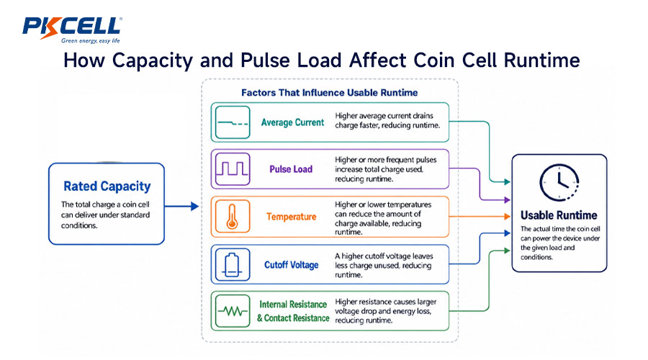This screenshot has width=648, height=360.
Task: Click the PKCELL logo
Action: click(72, 30)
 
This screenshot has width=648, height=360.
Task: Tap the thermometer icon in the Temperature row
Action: click(233, 217)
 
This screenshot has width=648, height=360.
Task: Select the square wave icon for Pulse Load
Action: click(233, 168)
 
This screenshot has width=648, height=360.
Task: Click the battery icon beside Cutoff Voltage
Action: click(232, 264)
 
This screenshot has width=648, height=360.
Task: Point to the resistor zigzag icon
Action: click(233, 311)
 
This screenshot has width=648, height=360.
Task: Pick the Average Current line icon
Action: click(233, 122)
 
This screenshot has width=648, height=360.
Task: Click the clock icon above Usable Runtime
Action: click(559, 183)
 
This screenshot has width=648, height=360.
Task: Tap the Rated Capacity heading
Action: click(107, 186)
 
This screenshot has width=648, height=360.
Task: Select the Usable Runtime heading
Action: click(559, 215)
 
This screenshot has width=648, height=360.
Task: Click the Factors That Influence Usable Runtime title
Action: click(329, 93)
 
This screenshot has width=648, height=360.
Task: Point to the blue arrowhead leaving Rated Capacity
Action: click(194, 206)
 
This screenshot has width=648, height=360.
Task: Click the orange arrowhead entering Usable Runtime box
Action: click(507, 216)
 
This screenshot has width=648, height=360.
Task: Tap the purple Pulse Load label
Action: click(291, 169)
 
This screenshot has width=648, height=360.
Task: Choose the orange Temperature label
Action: click(292, 217)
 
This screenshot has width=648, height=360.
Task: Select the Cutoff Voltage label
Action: click(292, 265)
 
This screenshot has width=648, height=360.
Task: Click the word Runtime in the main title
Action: click(541, 60)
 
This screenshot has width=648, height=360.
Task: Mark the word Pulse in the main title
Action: click(263, 60)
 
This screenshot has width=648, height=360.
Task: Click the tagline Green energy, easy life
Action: click(91, 40)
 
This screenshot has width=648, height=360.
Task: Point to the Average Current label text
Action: click(292, 122)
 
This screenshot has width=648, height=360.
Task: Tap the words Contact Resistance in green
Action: click(297, 318)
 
